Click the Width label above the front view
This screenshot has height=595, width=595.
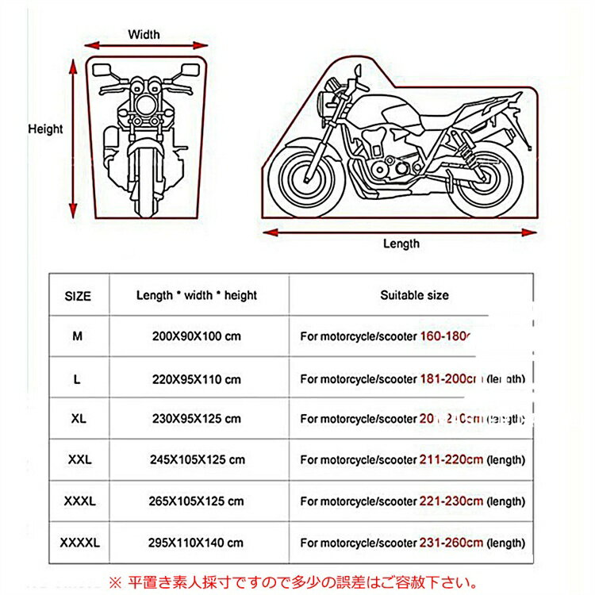[144, 34]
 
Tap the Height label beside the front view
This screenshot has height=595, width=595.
[45, 129]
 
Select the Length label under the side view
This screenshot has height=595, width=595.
[401, 244]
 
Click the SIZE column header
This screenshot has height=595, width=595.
[77, 296]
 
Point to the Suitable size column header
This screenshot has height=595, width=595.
[413, 295]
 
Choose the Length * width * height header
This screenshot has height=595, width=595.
[197, 295]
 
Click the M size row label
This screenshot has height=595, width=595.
[77, 336]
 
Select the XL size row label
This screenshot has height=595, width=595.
[77, 418]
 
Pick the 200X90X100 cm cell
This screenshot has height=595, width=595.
[197, 336]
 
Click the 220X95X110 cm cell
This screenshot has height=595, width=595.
[197, 379]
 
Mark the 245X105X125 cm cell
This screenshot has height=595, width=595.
[197, 459]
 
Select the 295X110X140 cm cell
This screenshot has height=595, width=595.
[197, 543]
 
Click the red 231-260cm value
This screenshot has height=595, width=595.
[451, 543]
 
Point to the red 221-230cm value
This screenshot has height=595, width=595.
[451, 501]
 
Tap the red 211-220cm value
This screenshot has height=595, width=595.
[451, 459]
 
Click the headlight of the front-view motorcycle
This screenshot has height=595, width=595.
[144, 105]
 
